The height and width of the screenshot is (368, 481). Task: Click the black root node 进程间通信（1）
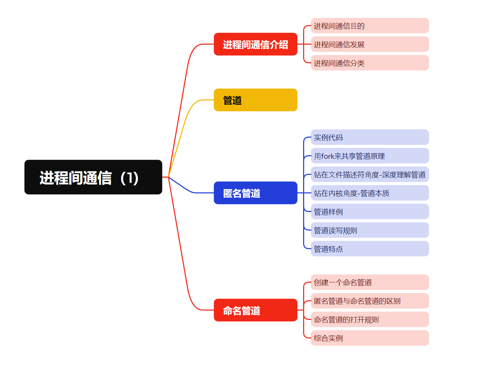click(x=93, y=177)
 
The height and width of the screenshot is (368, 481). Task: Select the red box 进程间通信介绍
click(x=255, y=44)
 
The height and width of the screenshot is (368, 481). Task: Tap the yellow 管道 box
click(x=255, y=100)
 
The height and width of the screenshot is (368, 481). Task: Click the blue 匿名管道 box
click(x=255, y=193)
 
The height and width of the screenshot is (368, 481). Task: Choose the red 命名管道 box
click(x=255, y=310)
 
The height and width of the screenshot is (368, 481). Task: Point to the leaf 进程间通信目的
click(x=370, y=26)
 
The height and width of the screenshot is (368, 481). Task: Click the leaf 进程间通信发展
click(x=370, y=44)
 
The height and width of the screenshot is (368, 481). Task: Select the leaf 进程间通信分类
click(x=370, y=63)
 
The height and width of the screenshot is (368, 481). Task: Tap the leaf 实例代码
click(x=370, y=137)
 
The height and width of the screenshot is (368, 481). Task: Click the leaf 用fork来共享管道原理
click(x=370, y=156)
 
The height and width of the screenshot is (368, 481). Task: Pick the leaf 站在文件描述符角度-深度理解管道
click(x=370, y=175)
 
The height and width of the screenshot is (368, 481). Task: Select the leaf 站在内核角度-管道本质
click(x=370, y=193)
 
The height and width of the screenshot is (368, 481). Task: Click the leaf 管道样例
click(x=370, y=212)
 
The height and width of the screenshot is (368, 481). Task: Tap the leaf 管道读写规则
click(x=370, y=230)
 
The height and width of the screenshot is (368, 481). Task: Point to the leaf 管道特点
click(x=370, y=249)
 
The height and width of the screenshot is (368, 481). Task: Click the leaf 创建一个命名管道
click(x=370, y=282)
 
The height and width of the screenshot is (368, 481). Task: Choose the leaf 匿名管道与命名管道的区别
click(x=370, y=301)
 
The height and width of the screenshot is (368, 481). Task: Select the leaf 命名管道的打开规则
click(x=370, y=319)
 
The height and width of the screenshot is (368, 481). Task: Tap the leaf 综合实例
click(x=370, y=338)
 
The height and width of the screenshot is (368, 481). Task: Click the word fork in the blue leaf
click(x=328, y=156)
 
